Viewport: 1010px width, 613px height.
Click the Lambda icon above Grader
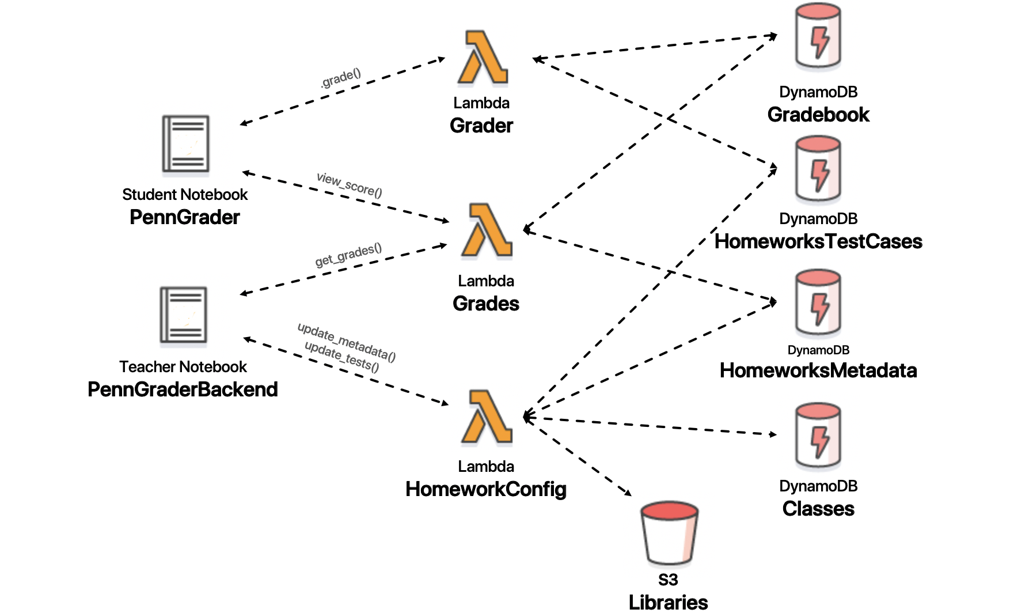tap(483, 58)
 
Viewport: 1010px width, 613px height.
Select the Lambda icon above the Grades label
tap(487, 230)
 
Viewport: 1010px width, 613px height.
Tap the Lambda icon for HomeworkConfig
tap(487, 417)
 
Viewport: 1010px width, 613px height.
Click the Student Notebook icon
tap(185, 144)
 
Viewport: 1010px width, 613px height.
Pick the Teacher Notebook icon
tap(183, 315)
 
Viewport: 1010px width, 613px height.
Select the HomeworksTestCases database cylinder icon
tap(818, 169)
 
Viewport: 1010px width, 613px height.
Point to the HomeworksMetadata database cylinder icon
tap(818, 303)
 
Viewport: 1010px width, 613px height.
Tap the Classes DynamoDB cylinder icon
tap(818, 436)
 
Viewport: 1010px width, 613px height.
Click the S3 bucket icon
tap(669, 533)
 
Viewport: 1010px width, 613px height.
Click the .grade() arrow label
tap(341, 78)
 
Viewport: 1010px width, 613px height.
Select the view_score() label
tap(349, 185)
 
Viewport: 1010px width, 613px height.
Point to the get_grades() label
tap(348, 255)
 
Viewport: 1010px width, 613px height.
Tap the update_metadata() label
tap(347, 342)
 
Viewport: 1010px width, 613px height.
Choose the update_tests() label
tap(341, 357)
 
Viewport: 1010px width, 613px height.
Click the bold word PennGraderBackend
tap(183, 389)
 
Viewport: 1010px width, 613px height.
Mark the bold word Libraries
tap(668, 602)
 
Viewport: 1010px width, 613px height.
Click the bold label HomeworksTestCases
tap(818, 241)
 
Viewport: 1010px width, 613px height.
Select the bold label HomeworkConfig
tap(486, 489)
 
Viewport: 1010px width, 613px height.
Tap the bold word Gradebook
tap(818, 115)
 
